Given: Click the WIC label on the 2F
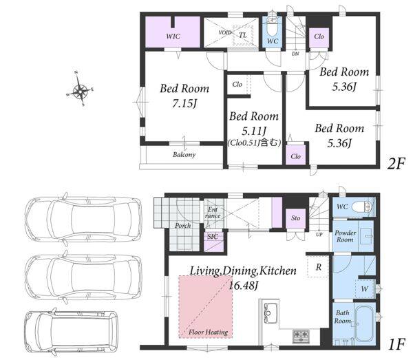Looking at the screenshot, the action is (173, 36).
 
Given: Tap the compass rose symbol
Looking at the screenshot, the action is (80, 89).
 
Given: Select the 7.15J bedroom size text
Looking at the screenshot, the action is (184, 103).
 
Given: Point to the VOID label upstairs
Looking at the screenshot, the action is (225, 32).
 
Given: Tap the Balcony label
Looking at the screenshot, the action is (184, 155).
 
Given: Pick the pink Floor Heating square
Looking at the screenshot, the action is (206, 307).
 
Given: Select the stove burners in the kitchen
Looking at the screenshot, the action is (301, 336).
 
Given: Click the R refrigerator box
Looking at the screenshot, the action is (318, 267).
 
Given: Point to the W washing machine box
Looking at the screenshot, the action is (365, 288).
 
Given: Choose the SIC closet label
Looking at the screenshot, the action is (213, 237).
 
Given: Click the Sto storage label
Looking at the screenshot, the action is (295, 218).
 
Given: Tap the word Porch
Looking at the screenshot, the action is (183, 226).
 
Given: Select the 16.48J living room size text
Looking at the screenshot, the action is (242, 285).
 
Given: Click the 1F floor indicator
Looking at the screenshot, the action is (396, 344).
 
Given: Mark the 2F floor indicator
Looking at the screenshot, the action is (395, 164).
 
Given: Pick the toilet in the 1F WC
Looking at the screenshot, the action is (361, 207).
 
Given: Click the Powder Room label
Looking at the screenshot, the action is (346, 236).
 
